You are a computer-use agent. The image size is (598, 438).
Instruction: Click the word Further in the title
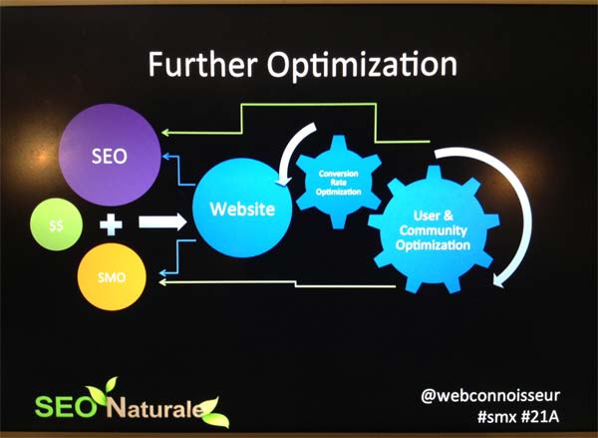[x=201, y=64]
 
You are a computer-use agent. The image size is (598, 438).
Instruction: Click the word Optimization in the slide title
[x=362, y=66]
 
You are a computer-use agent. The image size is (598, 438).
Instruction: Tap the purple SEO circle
[x=110, y=155]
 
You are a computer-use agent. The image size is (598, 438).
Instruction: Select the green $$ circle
[x=56, y=224]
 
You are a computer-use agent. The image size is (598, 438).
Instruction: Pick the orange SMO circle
[x=112, y=276]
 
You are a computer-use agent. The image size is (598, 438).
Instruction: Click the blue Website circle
[x=242, y=209]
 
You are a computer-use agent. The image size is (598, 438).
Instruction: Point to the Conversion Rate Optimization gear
[x=338, y=183]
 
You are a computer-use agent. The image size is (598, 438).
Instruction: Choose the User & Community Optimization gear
[x=434, y=229]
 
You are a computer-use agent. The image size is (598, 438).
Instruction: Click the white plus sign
[x=111, y=223]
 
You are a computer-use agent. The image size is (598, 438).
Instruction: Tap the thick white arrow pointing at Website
[x=162, y=222]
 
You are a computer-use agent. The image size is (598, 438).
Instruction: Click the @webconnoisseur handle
[x=490, y=396]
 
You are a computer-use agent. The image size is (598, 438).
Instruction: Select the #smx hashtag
[x=496, y=417]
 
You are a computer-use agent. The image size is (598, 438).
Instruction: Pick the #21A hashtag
[x=540, y=417]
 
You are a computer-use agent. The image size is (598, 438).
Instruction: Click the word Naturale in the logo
[x=154, y=408]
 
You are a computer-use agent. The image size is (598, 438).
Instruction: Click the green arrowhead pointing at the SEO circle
[x=164, y=133]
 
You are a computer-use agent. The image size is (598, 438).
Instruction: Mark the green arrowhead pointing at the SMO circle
[x=162, y=282]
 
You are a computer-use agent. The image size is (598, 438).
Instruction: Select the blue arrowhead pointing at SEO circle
[x=165, y=156]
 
